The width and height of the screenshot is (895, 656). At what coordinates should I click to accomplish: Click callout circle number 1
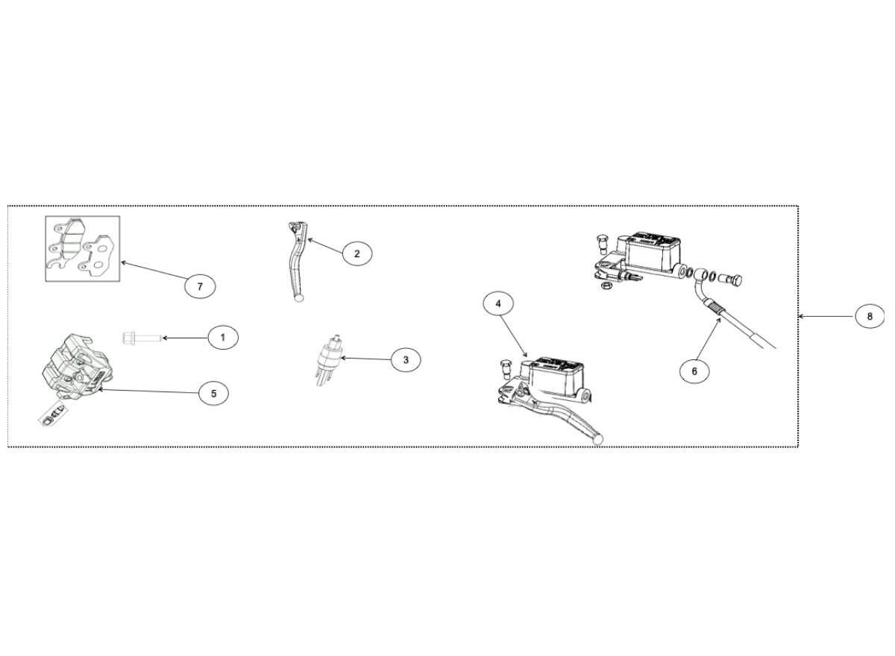coord(223,338)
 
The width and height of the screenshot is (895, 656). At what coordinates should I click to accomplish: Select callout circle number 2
coord(357,253)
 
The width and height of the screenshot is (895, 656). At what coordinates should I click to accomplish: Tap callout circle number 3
coord(406,360)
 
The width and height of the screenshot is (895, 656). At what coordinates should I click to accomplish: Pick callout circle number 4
coord(498,304)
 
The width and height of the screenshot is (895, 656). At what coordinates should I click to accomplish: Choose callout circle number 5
coord(213,394)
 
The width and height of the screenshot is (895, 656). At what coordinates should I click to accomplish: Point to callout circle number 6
coord(694,371)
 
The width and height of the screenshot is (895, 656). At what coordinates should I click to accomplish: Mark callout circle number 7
coord(200,286)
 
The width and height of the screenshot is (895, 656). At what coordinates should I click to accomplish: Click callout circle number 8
coord(870,317)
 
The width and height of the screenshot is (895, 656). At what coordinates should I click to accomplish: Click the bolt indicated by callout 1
coord(142,338)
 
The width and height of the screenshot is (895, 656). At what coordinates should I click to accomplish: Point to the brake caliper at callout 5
coord(75,366)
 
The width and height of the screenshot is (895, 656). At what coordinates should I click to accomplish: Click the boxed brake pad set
coord(82,249)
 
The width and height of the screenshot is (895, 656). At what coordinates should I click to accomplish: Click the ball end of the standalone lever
coord(298,297)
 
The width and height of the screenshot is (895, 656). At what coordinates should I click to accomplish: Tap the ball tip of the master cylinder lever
coord(597,439)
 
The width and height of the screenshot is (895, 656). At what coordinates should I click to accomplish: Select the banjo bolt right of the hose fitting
coord(731,279)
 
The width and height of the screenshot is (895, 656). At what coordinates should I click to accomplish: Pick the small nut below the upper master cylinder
coord(606,285)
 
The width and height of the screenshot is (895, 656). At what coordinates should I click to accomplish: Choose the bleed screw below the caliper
coord(54,416)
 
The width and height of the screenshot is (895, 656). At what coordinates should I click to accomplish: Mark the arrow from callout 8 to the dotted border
coord(826,317)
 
